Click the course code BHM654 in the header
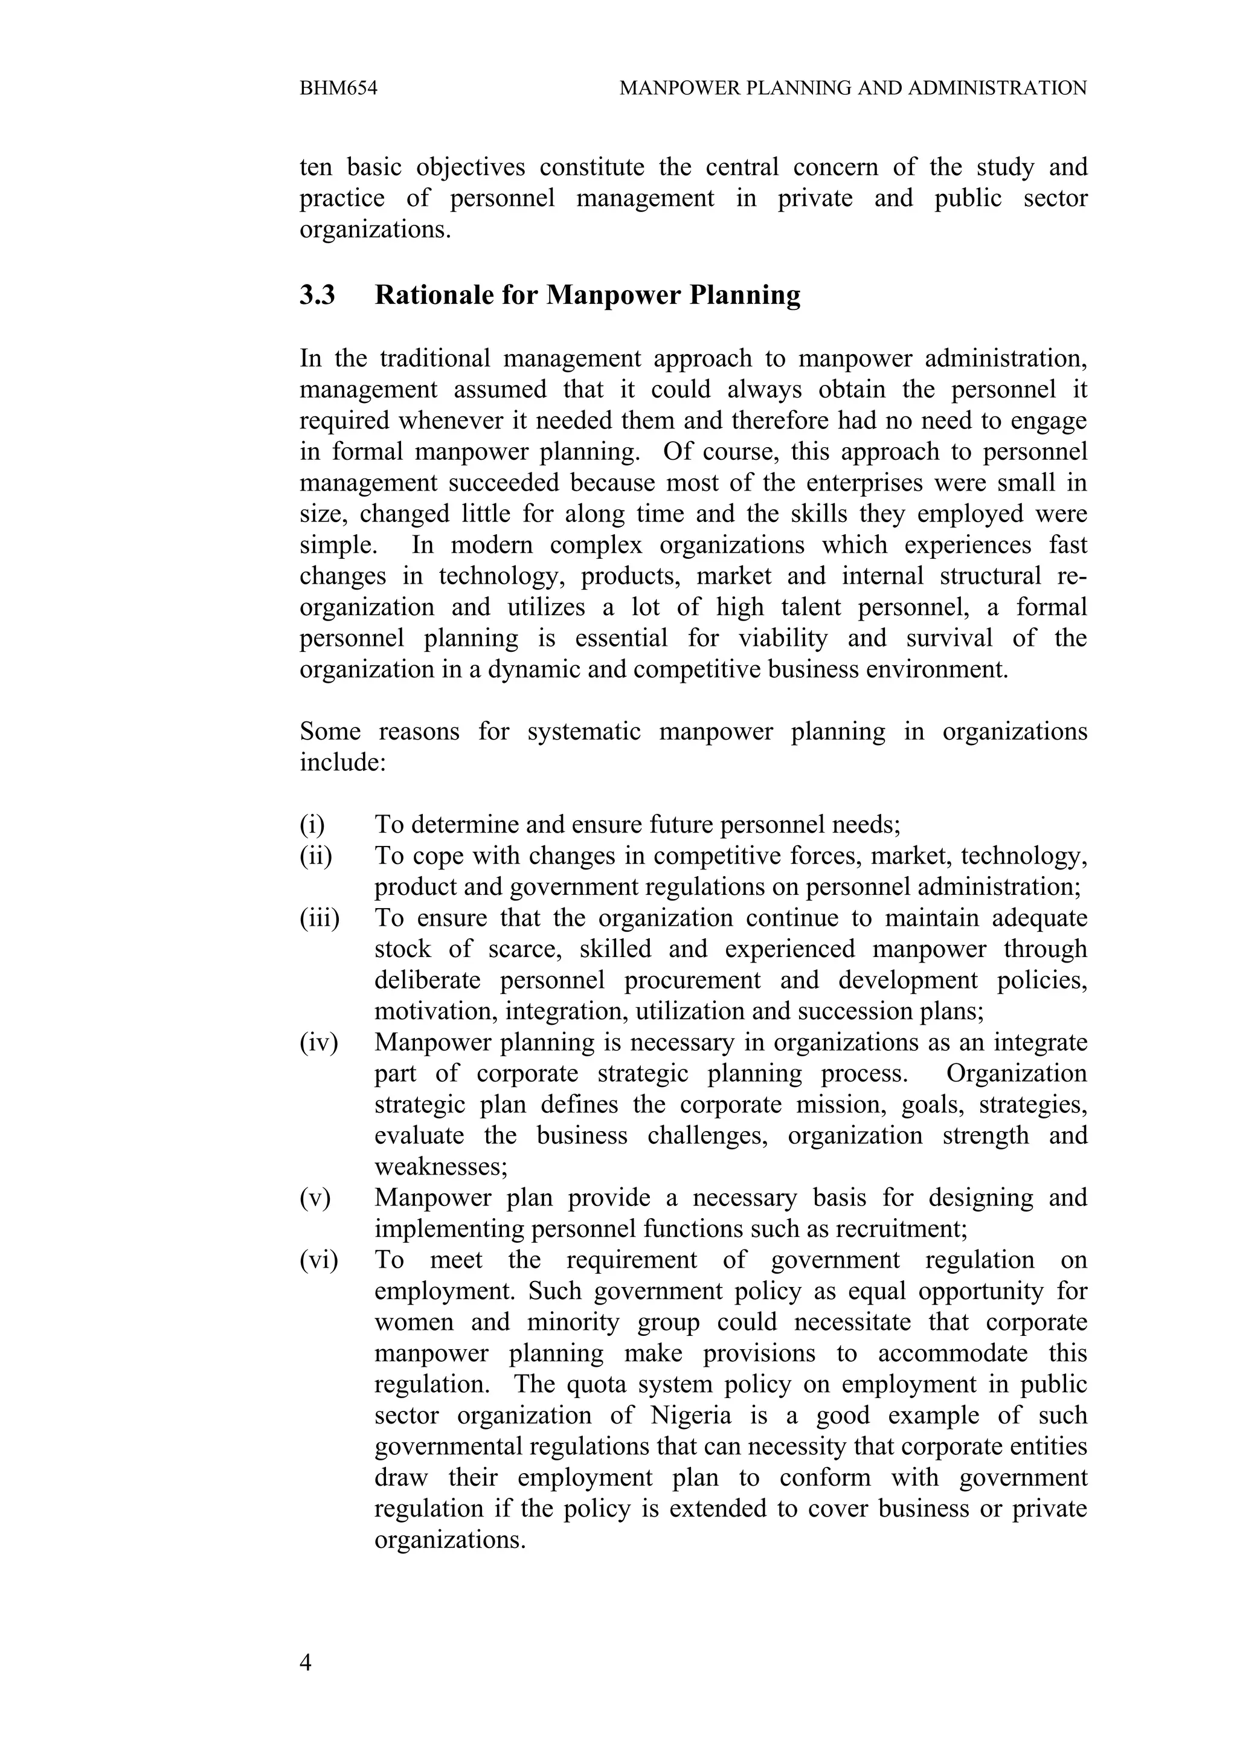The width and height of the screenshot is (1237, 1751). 338,88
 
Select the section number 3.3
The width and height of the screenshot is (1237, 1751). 317,295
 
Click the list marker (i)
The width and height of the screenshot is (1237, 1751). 312,824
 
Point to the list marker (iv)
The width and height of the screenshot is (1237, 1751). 318,1042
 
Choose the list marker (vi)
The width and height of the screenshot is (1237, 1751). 318,1260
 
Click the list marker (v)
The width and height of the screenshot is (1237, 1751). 315,1198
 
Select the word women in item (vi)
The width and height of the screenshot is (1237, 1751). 414,1321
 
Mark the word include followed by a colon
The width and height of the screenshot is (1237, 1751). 341,762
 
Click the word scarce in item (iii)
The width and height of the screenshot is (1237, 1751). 523,949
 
